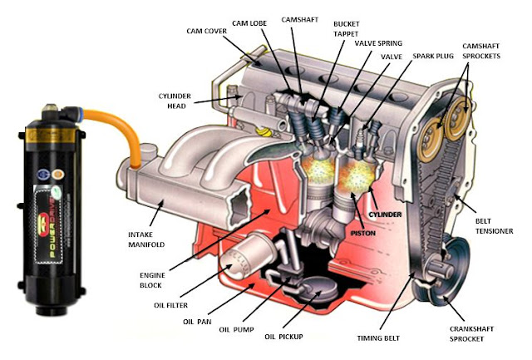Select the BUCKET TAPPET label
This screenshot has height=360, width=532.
pos(347,29)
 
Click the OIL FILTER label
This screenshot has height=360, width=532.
pos(175,304)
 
